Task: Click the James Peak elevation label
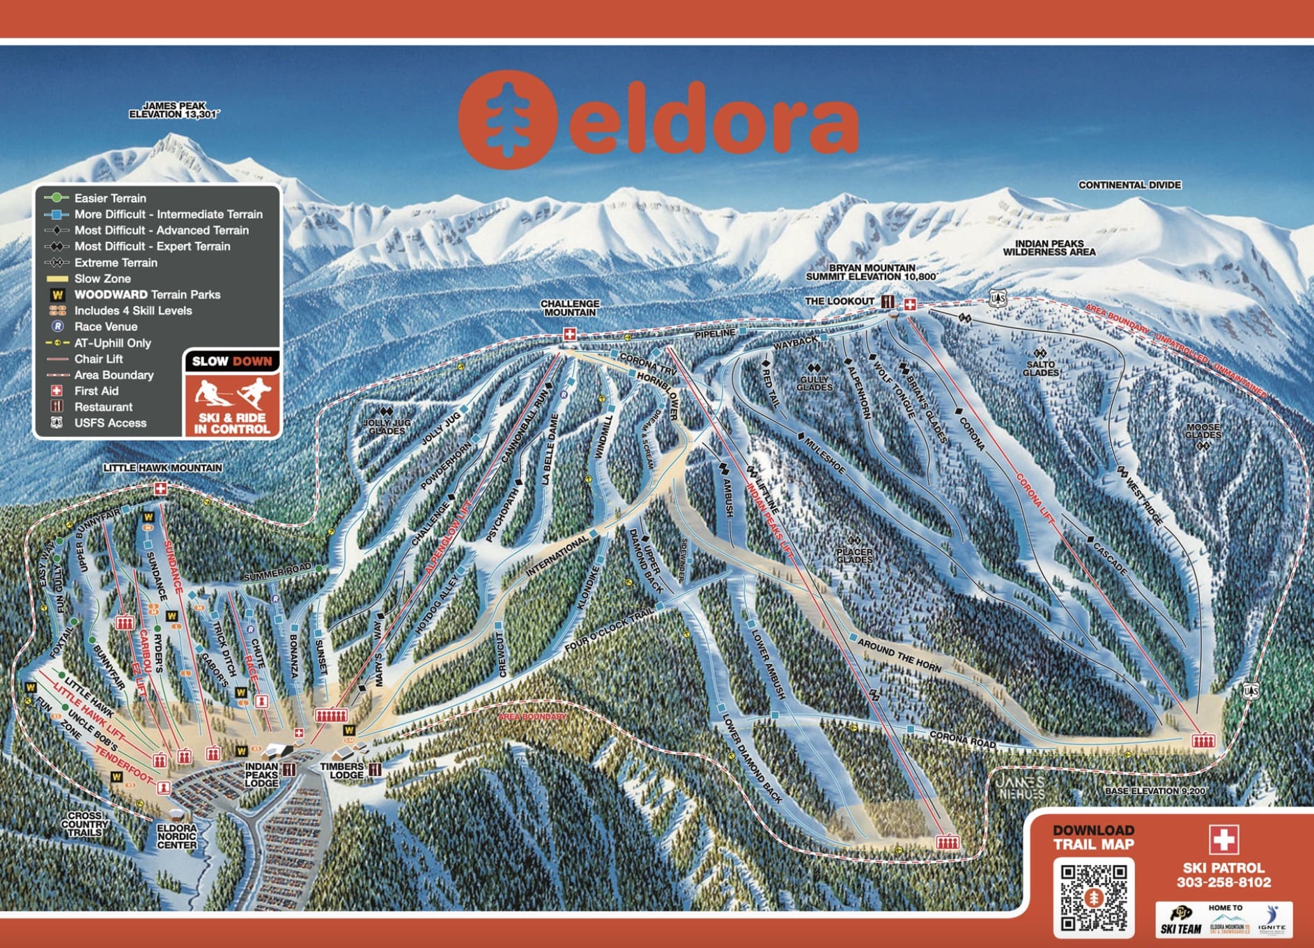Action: click(x=174, y=110)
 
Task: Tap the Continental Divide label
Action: click(x=1129, y=185)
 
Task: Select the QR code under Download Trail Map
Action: click(x=1094, y=896)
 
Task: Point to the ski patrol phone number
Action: click(x=1223, y=882)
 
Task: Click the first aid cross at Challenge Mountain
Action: click(x=569, y=335)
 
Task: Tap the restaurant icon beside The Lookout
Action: click(x=888, y=302)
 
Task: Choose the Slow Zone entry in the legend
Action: click(x=102, y=278)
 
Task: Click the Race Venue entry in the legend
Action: click(x=105, y=326)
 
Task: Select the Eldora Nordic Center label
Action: click(x=176, y=836)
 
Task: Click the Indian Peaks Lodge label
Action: click(x=261, y=774)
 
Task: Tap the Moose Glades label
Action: click(x=1203, y=431)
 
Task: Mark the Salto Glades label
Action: click(x=1040, y=368)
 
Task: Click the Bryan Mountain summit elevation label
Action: click(x=871, y=272)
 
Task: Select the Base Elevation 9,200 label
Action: click(x=1154, y=791)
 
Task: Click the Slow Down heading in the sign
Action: click(x=232, y=361)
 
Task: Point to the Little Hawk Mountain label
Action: click(x=162, y=468)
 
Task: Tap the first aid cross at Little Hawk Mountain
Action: click(x=161, y=489)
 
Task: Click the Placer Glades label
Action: click(x=854, y=556)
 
